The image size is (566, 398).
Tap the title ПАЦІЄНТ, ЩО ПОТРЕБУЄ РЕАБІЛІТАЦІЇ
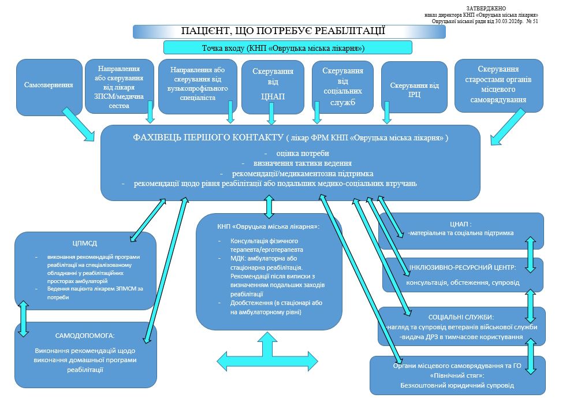(x=282, y=31)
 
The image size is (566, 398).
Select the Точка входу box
(x=287, y=47)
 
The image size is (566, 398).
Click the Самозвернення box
(x=49, y=85)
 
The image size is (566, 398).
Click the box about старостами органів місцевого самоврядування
(x=499, y=85)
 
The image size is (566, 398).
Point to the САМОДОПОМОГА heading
(x=84, y=335)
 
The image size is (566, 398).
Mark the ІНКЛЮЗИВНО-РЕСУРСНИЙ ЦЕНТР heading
(x=462, y=268)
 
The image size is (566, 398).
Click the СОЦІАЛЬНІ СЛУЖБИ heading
(x=460, y=317)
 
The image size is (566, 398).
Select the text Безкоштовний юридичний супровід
(x=457, y=385)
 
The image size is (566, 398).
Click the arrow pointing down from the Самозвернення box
(x=79, y=124)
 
